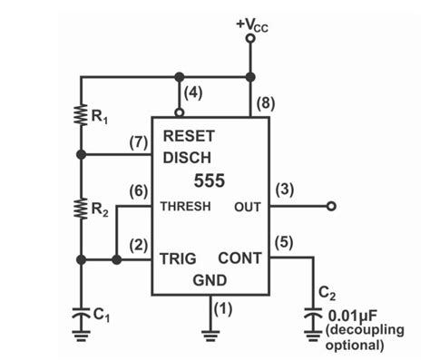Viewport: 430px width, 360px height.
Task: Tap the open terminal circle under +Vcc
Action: [250, 40]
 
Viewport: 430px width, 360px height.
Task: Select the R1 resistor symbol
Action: [81, 116]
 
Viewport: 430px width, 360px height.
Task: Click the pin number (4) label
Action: [192, 92]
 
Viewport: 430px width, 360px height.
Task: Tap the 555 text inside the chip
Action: [210, 180]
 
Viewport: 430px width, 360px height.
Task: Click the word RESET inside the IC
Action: [189, 136]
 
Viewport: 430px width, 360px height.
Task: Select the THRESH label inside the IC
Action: [186, 207]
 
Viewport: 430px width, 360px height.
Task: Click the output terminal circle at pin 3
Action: [331, 207]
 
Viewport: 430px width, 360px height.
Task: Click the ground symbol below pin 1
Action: [211, 334]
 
